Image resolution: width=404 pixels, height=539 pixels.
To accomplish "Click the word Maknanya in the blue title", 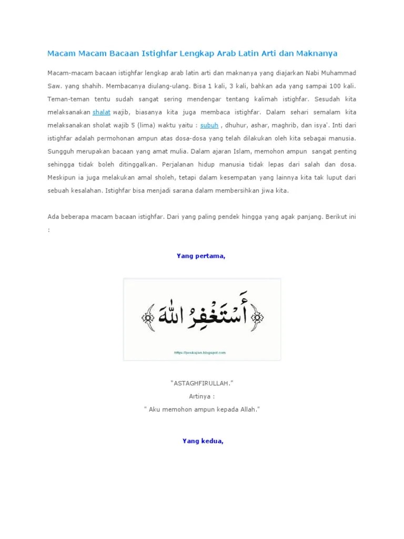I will pos(316,53).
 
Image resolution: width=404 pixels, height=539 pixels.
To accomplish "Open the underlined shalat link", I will pos(102,112).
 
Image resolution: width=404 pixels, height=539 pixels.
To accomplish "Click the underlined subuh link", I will pos(209,125).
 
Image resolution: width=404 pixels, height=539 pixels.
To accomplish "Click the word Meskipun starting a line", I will pos(61,178).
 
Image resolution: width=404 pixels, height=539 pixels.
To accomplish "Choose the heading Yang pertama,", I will pos(201,256).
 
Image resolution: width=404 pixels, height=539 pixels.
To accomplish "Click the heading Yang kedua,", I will pos(203,441).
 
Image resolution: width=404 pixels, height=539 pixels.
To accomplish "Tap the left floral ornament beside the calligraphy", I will pos(147,317).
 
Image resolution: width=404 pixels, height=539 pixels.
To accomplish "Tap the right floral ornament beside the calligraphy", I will pos(257,317).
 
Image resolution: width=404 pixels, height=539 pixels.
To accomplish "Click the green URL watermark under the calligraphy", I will pos(200,353).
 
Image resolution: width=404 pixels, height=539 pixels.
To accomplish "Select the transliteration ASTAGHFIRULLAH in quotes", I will pos(202,383).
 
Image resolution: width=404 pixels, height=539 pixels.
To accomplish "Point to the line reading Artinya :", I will pos(202,396).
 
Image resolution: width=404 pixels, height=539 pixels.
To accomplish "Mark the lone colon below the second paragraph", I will pos(49,229).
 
